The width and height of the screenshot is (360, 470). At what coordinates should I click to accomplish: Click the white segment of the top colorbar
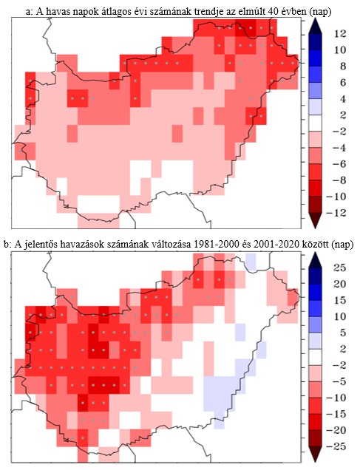pyautogui.click(x=313, y=123)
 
